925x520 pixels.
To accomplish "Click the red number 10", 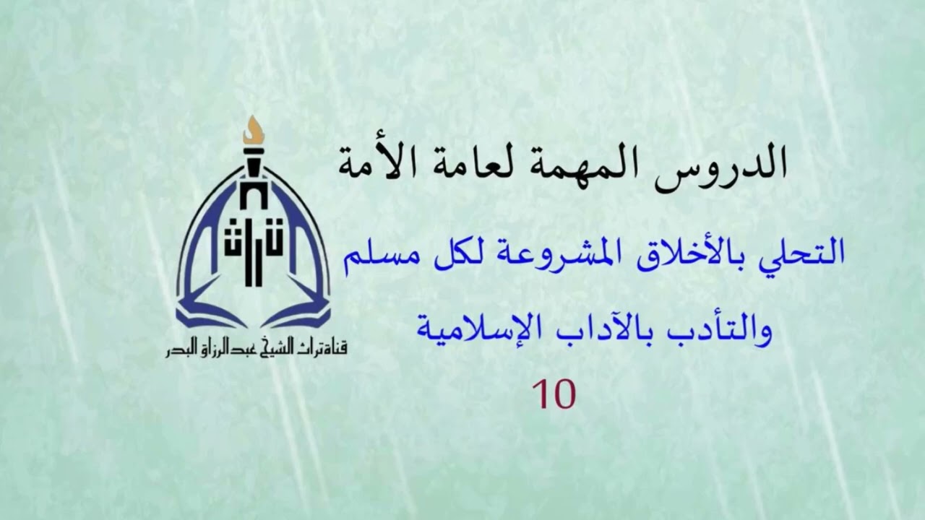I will click(x=554, y=394).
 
